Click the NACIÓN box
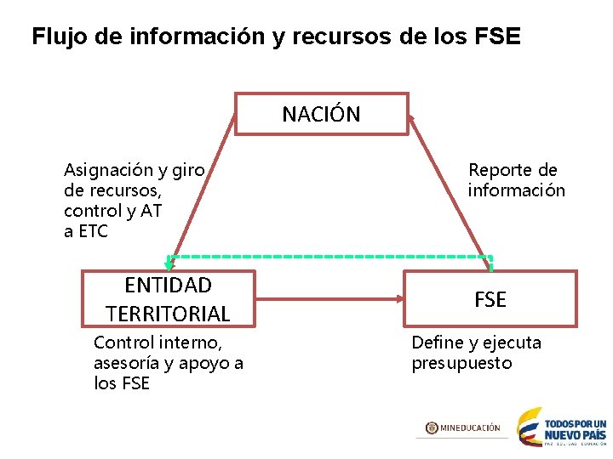(x=321, y=114)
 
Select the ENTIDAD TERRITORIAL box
(x=168, y=298)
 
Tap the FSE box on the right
(x=490, y=299)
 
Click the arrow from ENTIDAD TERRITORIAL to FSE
(x=329, y=299)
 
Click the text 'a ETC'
(x=86, y=231)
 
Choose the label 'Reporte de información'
(x=515, y=180)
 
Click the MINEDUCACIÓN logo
(x=463, y=428)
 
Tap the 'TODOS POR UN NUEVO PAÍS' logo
(x=563, y=428)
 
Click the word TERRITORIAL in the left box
(x=168, y=314)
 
